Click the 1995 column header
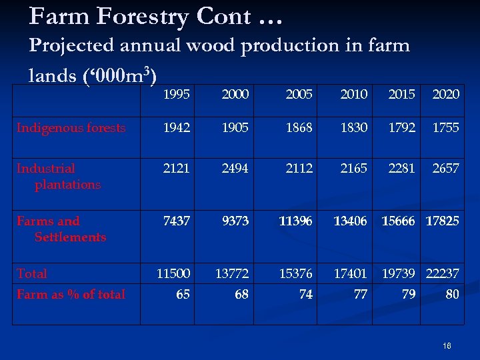[176, 95]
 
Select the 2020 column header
[445, 95]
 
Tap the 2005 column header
[299, 95]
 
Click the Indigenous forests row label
[71, 128]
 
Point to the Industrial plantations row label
[59, 176]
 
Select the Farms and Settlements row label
[61, 229]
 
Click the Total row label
[32, 273]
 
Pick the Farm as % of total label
[71, 293]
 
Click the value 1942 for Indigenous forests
[176, 128]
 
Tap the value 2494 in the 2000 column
[235, 169]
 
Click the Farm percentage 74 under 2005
[305, 293]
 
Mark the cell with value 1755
[445, 128]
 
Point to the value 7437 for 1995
[176, 221]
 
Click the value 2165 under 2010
[353, 169]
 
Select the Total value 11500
[173, 273]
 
